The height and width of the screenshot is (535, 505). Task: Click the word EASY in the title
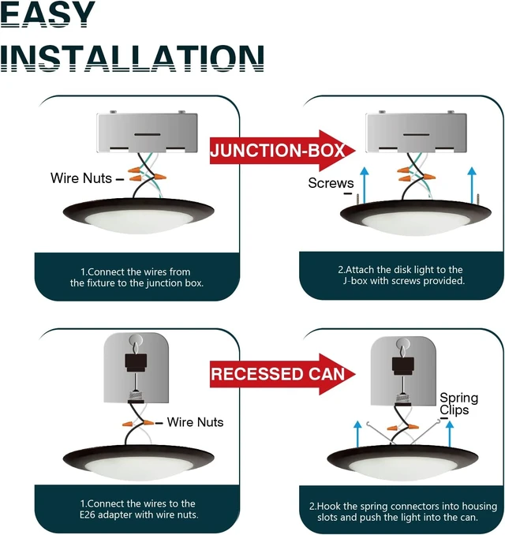click(x=47, y=13)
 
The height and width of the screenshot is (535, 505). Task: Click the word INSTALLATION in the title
click(x=132, y=58)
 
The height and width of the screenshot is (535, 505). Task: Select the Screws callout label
click(x=331, y=183)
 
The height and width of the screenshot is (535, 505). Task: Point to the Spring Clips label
click(x=458, y=404)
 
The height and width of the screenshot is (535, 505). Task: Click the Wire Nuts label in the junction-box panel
click(x=81, y=178)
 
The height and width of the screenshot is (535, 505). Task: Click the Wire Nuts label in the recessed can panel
click(x=195, y=422)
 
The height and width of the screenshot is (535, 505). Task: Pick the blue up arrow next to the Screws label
click(x=365, y=185)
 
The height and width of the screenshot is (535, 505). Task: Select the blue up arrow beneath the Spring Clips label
click(x=450, y=433)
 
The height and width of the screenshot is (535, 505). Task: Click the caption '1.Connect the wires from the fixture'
click(x=137, y=278)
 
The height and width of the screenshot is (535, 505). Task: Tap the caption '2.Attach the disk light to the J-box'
click(x=402, y=275)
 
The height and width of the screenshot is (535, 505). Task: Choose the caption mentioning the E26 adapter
click(x=139, y=509)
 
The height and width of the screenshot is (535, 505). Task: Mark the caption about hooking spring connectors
click(x=403, y=511)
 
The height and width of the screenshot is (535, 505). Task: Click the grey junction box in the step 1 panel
click(x=147, y=133)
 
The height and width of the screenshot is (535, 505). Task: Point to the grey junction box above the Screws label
click(x=416, y=133)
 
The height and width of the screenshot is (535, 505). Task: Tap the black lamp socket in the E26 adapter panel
click(x=136, y=363)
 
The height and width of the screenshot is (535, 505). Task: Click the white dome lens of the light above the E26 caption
click(x=138, y=470)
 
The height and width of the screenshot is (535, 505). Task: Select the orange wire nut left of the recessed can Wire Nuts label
click(x=127, y=424)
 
